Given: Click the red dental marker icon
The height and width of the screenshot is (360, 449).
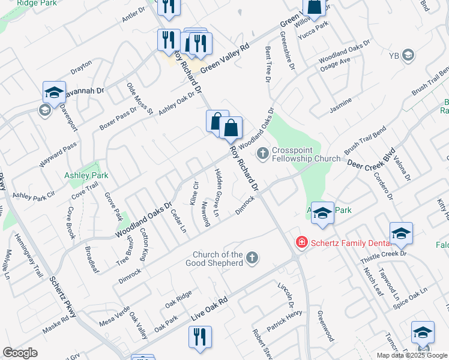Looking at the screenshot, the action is pyautogui.click(x=301, y=242).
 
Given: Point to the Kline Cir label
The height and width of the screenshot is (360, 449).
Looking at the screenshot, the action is pyautogui.click(x=194, y=193).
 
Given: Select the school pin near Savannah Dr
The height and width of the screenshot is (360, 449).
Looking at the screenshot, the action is pyautogui.click(x=54, y=93).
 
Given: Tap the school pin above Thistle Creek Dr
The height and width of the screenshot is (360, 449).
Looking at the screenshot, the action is pyautogui.click(x=401, y=234).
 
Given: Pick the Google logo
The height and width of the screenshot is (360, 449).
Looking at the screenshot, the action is pyautogui.click(x=20, y=353).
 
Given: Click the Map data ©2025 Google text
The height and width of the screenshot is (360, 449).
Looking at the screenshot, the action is pyautogui.click(x=411, y=355).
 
